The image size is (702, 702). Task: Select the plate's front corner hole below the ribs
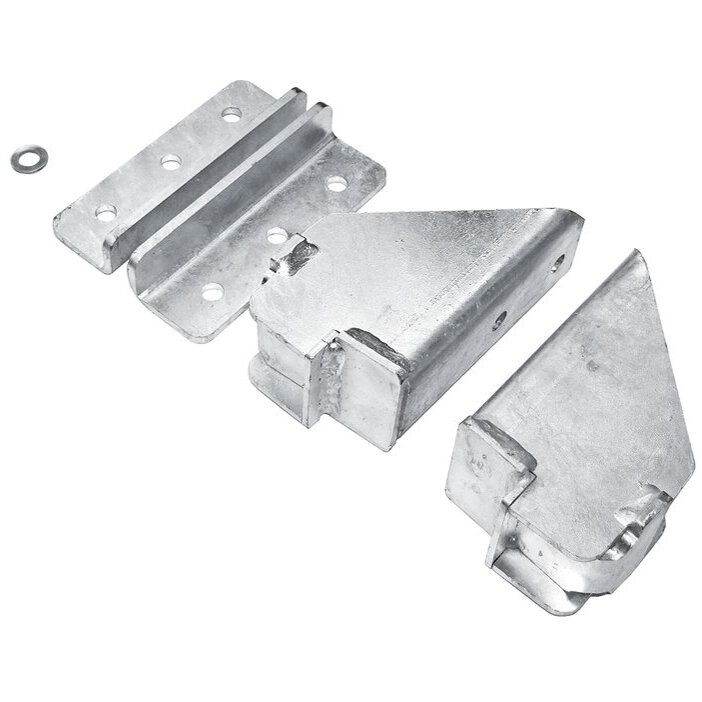[211, 293]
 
